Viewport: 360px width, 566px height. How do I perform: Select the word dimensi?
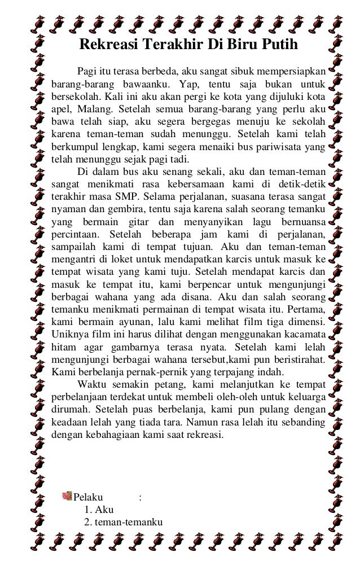[x=305, y=321]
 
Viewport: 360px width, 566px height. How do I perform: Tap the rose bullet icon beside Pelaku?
[x=67, y=497]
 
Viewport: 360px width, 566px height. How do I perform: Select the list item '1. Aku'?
[x=98, y=510]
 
